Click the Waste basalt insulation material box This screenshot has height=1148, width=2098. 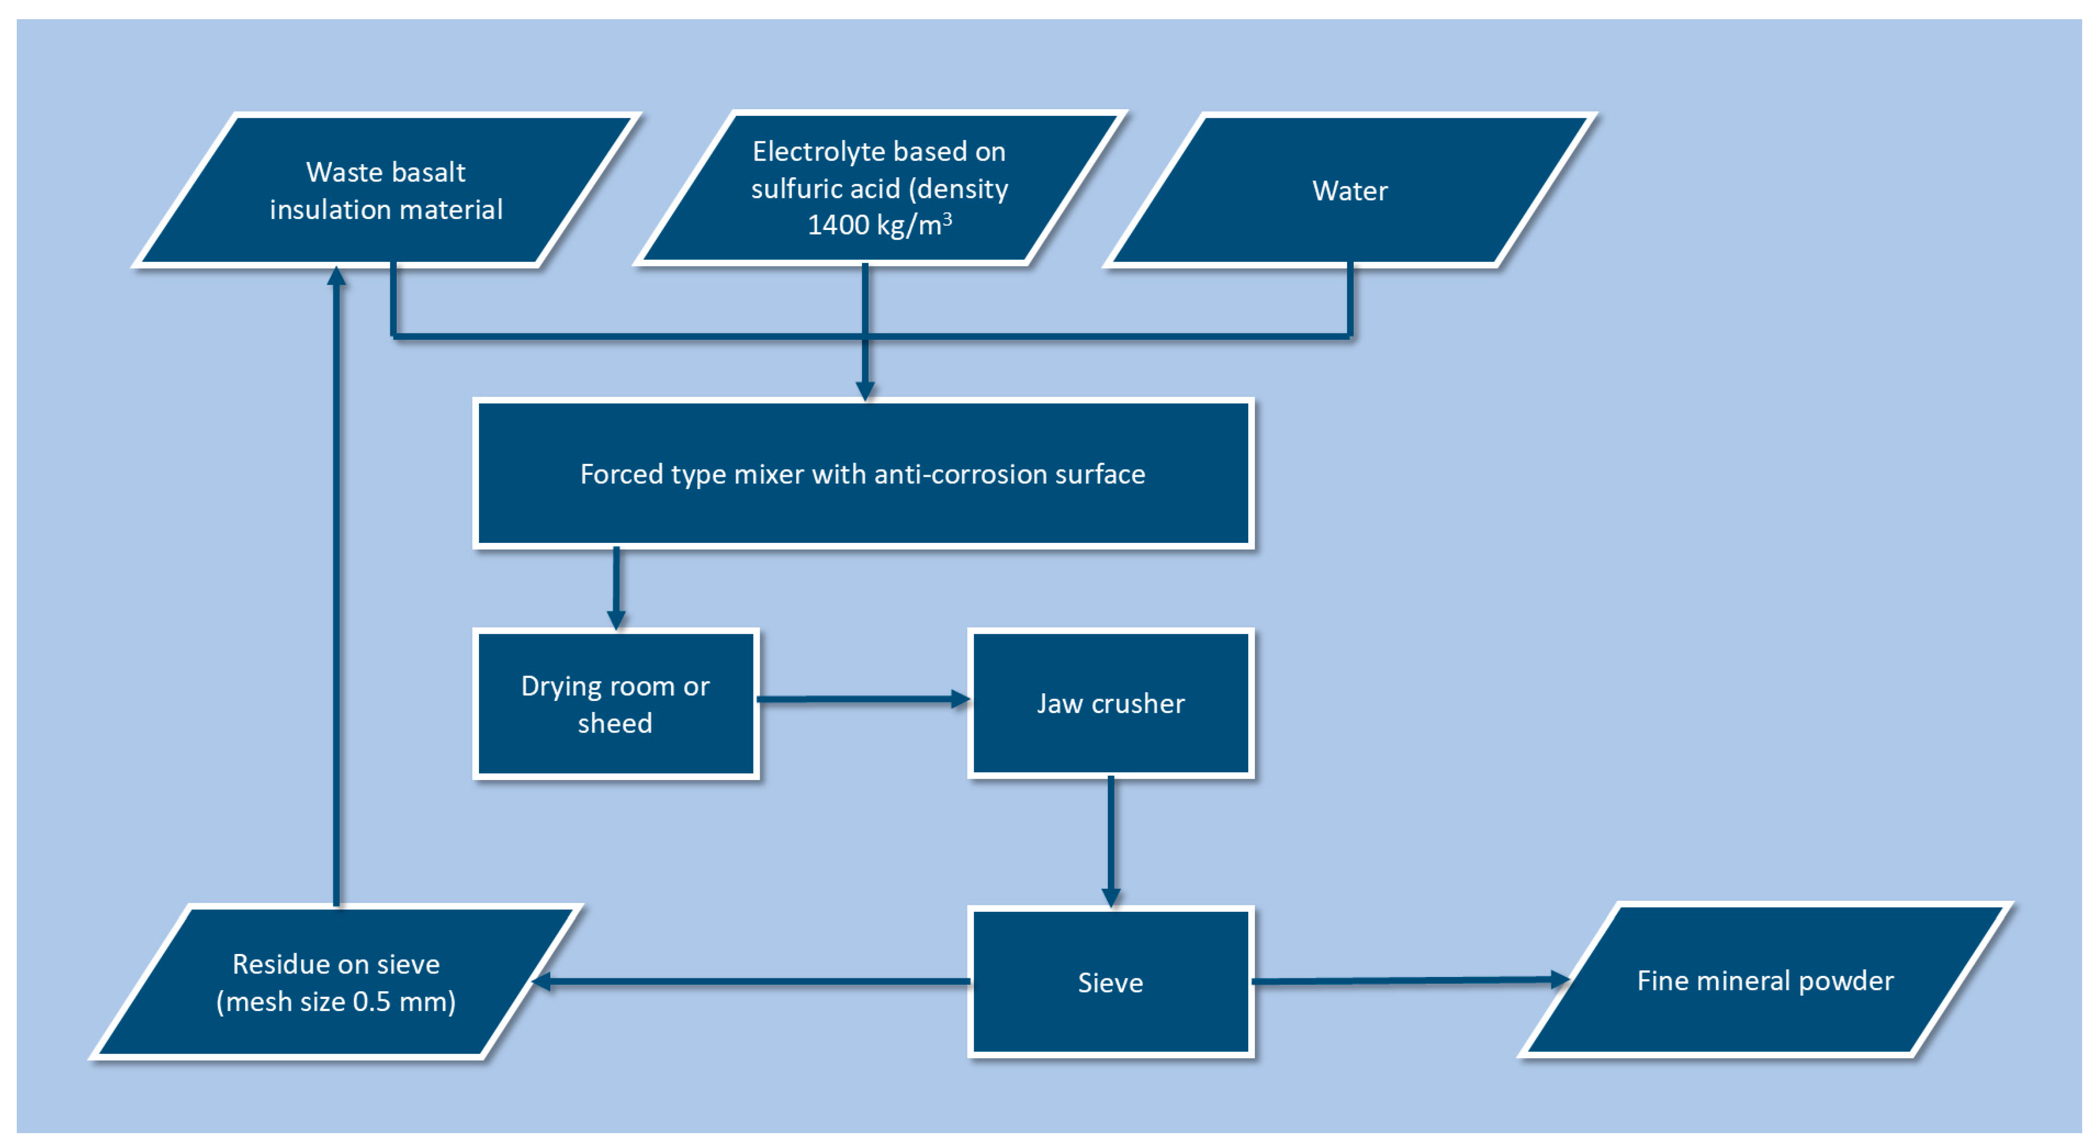(x=386, y=191)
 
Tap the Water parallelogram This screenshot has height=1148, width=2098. (x=1349, y=191)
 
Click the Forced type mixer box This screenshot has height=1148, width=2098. (x=863, y=473)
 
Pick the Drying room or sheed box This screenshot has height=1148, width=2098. (x=615, y=704)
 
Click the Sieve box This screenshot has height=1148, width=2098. (x=1110, y=982)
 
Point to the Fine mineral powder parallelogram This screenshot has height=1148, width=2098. (x=1765, y=980)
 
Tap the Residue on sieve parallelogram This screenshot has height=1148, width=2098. (x=336, y=982)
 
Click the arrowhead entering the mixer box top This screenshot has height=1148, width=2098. (x=865, y=390)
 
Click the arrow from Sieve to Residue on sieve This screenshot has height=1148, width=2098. (x=749, y=982)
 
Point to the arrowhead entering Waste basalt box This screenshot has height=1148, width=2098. (x=336, y=277)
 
